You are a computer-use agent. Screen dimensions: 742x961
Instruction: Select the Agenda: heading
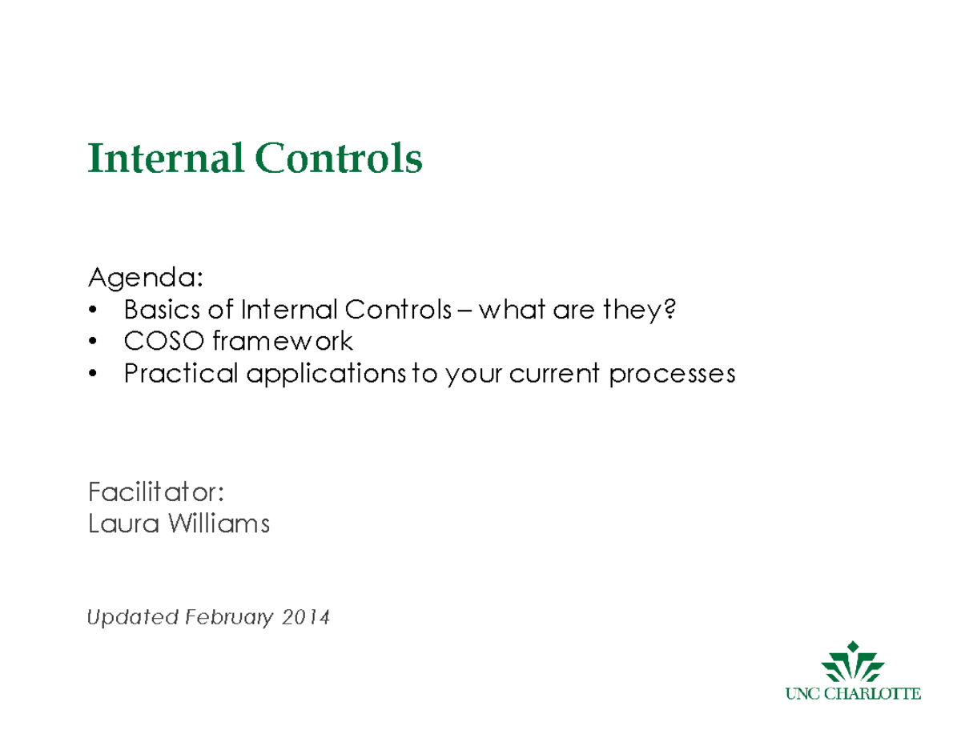click(x=145, y=279)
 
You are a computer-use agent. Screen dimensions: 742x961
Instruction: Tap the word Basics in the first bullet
click(x=157, y=311)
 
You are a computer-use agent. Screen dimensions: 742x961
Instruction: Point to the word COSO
click(x=163, y=342)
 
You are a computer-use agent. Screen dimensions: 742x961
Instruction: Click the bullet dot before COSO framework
click(x=94, y=343)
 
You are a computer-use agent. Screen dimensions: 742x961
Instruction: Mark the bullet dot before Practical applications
click(x=94, y=375)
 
